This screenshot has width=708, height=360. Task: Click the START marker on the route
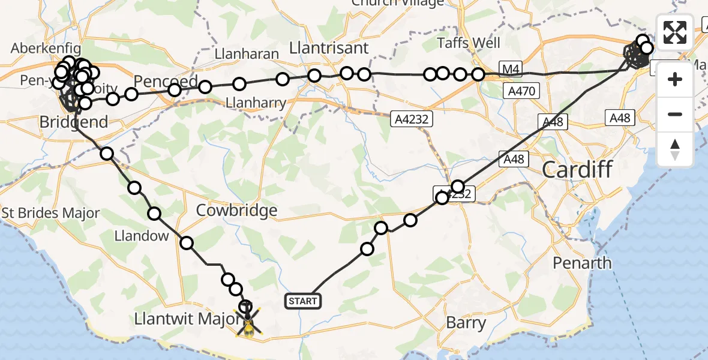point(303,301)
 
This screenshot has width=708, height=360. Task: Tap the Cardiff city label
point(577,169)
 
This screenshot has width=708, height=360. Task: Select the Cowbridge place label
point(237,211)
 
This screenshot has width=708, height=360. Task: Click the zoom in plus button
point(675,79)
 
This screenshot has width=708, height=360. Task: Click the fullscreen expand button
point(675,32)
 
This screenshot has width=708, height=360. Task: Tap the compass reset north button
point(675,149)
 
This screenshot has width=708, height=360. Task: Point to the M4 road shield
point(509,70)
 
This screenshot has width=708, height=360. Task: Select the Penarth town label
point(582,263)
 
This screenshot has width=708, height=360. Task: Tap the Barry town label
point(466,323)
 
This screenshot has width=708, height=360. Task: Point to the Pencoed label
point(166,81)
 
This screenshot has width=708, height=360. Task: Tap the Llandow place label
point(142,236)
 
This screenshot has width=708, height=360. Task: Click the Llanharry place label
point(256,103)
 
